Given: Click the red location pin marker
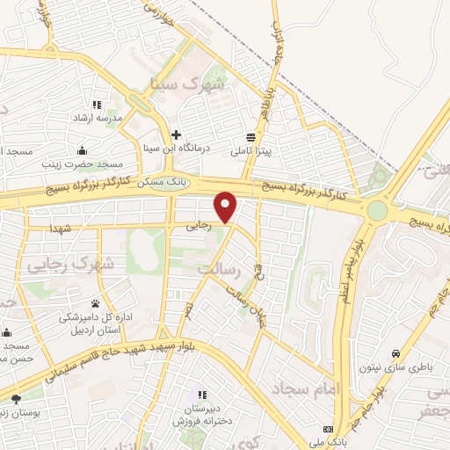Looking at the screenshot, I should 227,206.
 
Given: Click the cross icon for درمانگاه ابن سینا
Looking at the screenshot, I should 177,135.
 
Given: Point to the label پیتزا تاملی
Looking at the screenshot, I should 252,151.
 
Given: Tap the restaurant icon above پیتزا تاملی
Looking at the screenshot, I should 252,137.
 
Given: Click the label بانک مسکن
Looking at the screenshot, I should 164,180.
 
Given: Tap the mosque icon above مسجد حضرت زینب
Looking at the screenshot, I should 82,150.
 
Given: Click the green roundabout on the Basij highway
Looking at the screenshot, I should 377,211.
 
